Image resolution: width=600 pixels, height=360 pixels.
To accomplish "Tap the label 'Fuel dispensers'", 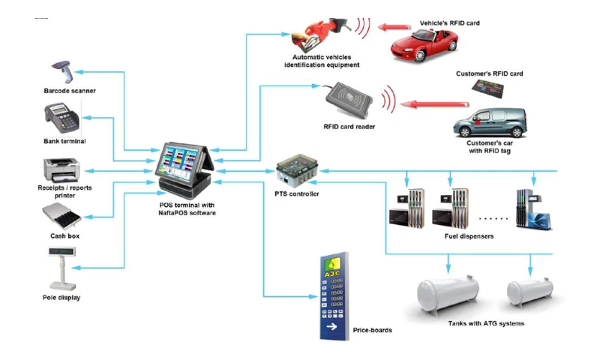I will coord(469,237).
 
